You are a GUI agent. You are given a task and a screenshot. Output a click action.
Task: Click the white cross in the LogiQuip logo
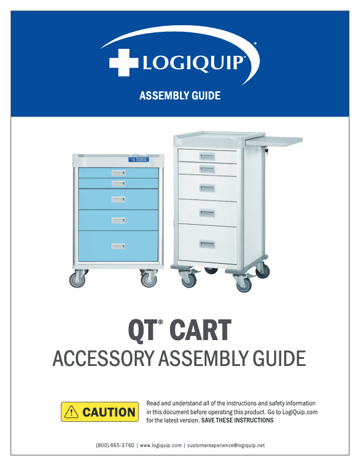tap(122, 63)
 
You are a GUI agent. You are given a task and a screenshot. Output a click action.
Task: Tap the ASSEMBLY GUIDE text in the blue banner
tap(179, 95)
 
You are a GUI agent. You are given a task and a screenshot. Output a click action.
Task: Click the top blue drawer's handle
tap(118, 172)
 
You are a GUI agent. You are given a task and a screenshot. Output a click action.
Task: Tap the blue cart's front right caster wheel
tap(148, 280)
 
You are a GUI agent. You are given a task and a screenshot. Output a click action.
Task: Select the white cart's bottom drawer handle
tap(207, 244)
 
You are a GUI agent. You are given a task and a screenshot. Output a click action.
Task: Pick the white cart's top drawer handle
tap(207, 155)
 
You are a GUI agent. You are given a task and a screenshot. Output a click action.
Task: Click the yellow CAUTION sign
tap(99, 412)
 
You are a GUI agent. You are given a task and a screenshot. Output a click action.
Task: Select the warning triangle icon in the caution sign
tap(72, 412)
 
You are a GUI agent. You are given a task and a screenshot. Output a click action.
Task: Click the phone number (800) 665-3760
tap(115, 445)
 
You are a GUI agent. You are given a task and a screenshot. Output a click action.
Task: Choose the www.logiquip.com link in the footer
tap(160, 445)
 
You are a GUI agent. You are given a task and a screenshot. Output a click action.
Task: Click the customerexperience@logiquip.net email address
tap(225, 445)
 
